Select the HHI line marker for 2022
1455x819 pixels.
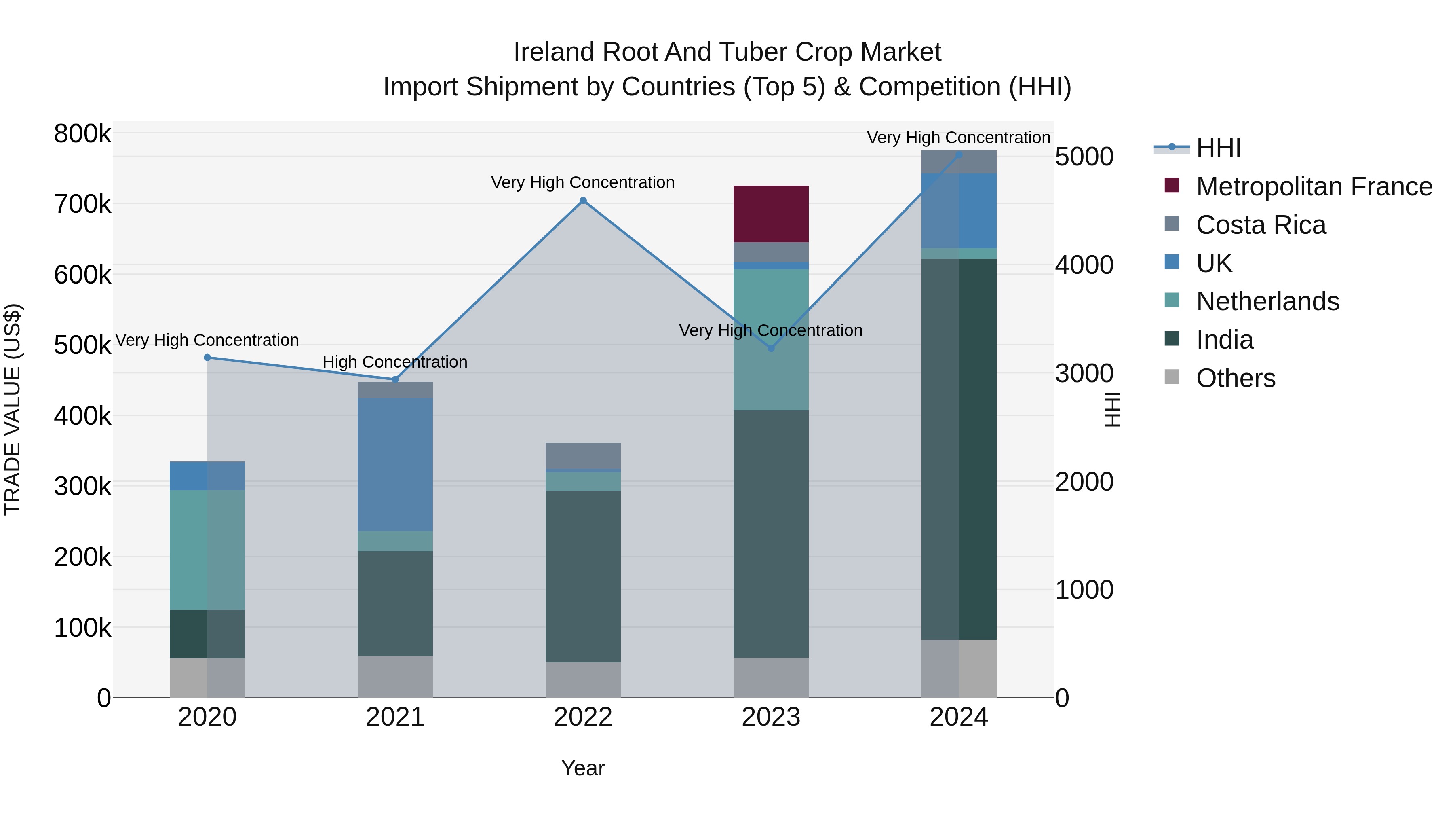tap(583, 201)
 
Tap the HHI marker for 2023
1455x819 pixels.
tap(771, 348)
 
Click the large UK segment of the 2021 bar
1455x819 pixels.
tap(395, 463)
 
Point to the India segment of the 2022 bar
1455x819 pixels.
tap(583, 576)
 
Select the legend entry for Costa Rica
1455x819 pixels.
tap(1260, 225)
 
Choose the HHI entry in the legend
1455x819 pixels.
tap(1218, 148)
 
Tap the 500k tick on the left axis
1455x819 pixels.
tap(82, 345)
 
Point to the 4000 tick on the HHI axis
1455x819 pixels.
tap(1084, 265)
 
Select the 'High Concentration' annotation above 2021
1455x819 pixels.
tap(395, 362)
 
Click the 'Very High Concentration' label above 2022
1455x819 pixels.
tap(582, 182)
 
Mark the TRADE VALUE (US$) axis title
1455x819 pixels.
tap(13, 409)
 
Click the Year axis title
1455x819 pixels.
tap(582, 768)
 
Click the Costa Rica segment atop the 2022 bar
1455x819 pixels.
tap(583, 455)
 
